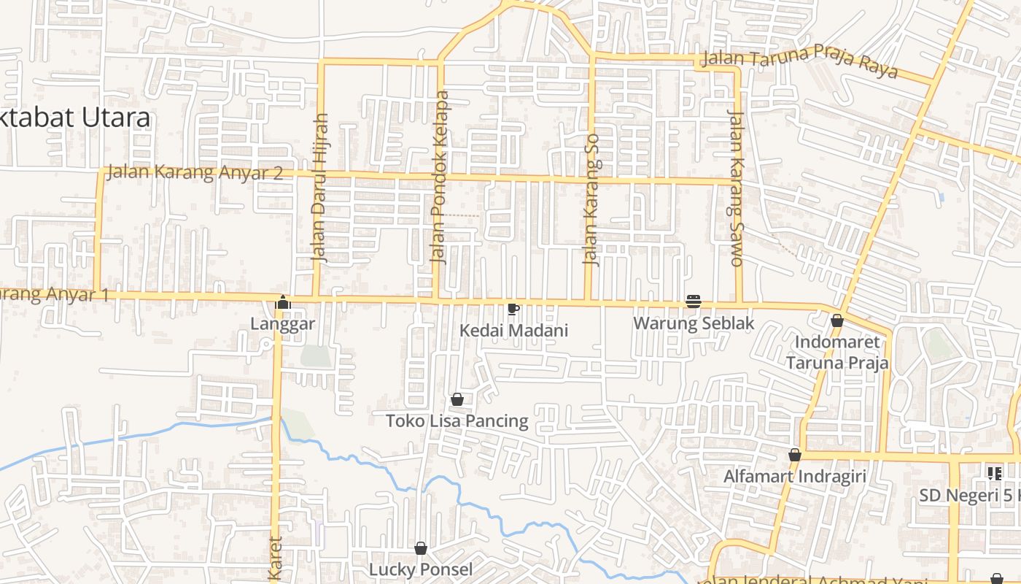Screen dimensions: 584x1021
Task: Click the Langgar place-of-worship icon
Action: (282, 301)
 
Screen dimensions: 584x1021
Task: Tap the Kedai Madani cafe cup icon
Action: (513, 309)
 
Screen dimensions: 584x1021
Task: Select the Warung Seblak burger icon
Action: (693, 301)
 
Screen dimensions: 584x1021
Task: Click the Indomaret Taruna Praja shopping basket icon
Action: (837, 320)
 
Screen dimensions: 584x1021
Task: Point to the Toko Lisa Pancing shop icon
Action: (457, 399)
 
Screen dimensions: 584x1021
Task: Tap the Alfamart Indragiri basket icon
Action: (795, 455)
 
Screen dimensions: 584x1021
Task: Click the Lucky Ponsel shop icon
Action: (421, 548)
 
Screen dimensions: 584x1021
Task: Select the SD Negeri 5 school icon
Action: (994, 474)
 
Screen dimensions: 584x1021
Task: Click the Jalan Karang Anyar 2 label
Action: (195, 173)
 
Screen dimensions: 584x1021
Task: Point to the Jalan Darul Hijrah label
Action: (320, 188)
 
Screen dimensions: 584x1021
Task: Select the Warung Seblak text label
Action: (693, 323)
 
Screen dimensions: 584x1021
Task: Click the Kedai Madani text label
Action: (513, 331)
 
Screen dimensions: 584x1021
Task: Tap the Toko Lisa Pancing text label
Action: (457, 421)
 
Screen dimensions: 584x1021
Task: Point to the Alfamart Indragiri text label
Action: (795, 477)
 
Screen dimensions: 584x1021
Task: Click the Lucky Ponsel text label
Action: (421, 569)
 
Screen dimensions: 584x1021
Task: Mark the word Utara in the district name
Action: (117, 118)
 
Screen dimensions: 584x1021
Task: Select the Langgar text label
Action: (282, 323)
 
